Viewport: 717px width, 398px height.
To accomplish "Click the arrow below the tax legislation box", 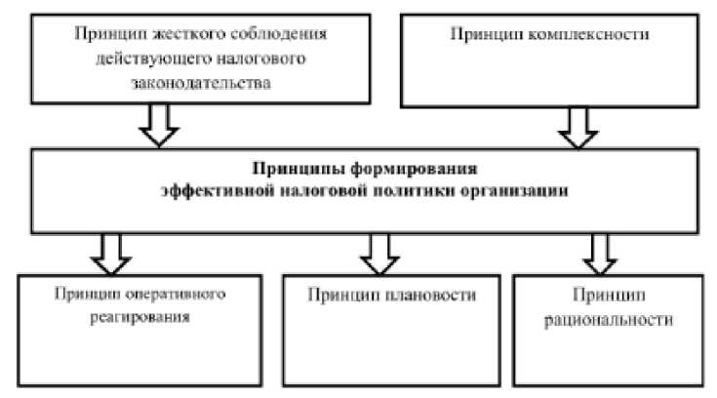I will pos(159,126).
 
